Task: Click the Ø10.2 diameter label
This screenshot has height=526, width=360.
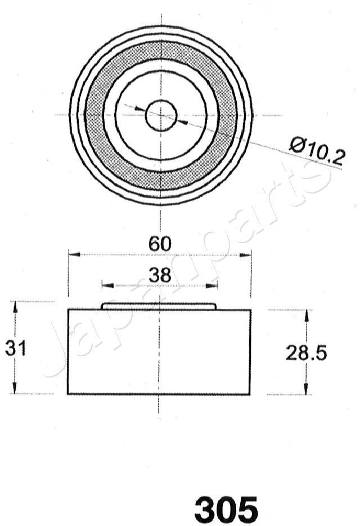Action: coord(316,151)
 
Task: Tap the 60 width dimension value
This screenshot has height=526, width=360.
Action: coord(160,244)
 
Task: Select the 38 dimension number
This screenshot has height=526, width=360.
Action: coord(160,275)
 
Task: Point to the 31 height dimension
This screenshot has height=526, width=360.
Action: coord(16,348)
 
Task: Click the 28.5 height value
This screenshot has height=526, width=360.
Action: coord(306,353)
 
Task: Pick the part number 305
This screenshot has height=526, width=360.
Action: coord(226,510)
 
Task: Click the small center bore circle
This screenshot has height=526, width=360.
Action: coord(161,115)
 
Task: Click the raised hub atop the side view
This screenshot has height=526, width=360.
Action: coord(159,306)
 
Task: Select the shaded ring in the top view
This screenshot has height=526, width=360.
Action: coord(95,115)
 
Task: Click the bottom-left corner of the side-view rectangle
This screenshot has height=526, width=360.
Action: coord(68,394)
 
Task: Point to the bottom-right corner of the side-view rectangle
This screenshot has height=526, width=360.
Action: coord(250,394)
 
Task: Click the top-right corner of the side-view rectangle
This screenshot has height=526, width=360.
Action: coord(250,310)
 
